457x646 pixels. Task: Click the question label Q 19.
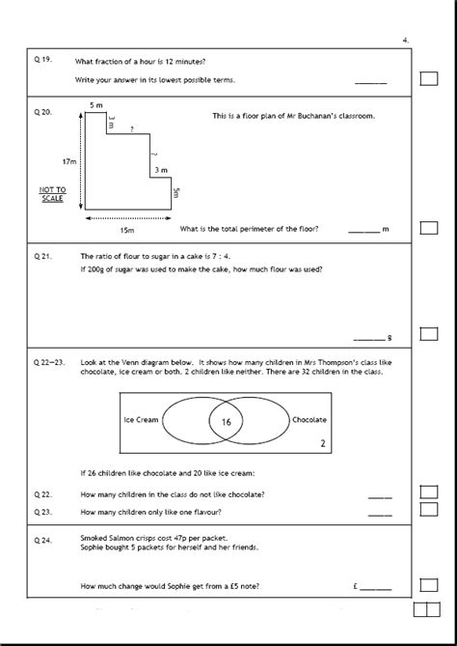click(42, 59)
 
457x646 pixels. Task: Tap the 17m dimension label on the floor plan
click(69, 162)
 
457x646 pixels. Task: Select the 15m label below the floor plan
click(127, 231)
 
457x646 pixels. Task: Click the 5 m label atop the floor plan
click(96, 105)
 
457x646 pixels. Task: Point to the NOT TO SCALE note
click(52, 194)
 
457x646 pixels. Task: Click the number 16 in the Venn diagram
click(227, 422)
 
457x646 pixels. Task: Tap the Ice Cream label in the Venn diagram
click(141, 420)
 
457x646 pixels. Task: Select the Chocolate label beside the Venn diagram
click(309, 420)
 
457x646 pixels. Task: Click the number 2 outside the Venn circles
click(323, 444)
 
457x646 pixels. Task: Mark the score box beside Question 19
click(429, 78)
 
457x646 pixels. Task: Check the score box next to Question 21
click(429, 334)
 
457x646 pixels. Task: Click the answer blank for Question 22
click(380, 497)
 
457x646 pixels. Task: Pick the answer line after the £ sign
click(376, 590)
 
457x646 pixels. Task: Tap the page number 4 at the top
click(406, 41)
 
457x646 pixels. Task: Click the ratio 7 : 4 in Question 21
click(221, 256)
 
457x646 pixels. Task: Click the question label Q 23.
click(42, 512)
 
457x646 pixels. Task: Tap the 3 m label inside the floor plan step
click(161, 170)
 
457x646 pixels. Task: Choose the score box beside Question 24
click(429, 585)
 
